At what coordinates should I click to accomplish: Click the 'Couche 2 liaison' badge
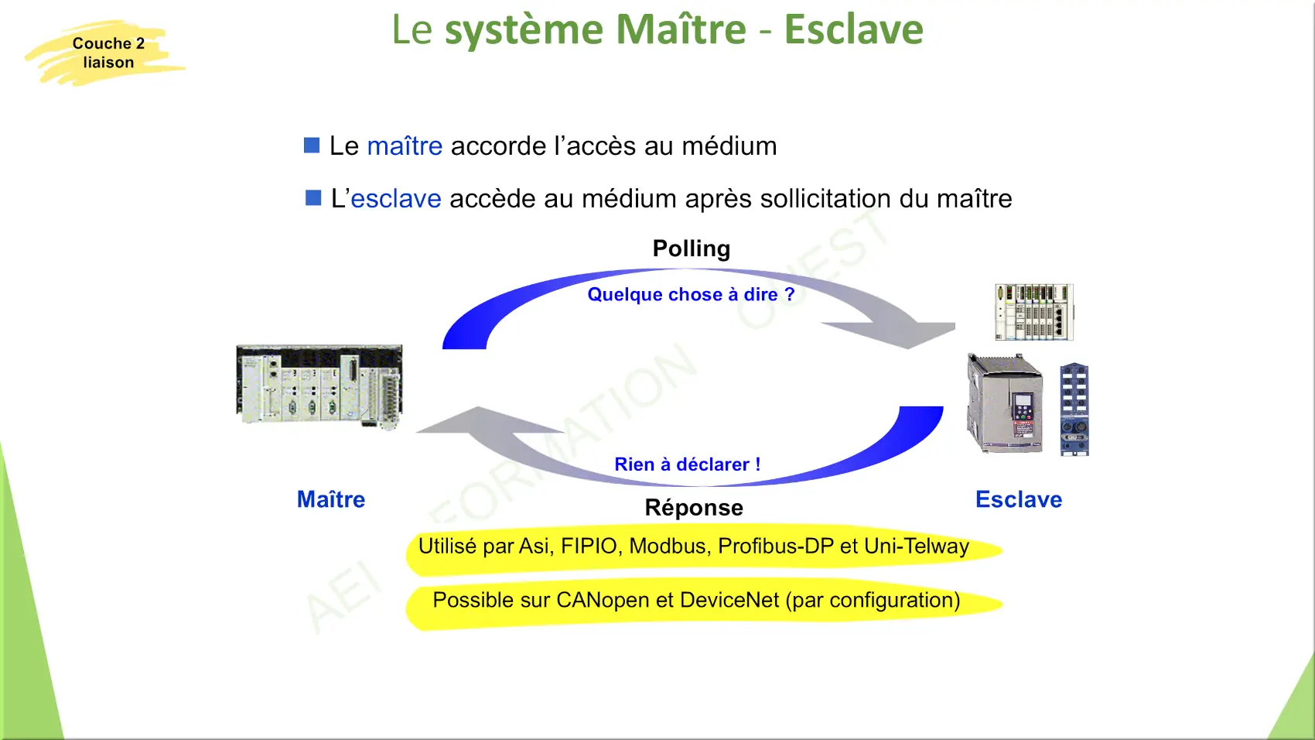(x=106, y=53)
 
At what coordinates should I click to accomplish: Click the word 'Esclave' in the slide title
(x=853, y=29)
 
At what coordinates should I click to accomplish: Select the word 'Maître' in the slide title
(x=681, y=29)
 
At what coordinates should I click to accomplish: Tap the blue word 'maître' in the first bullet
(x=405, y=146)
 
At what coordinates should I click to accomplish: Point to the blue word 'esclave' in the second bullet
(x=396, y=198)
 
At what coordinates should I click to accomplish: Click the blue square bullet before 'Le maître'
(x=312, y=145)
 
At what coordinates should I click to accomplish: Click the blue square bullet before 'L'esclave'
(x=313, y=198)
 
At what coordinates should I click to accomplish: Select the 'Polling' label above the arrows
(x=692, y=249)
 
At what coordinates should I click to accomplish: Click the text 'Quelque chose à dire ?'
(x=691, y=294)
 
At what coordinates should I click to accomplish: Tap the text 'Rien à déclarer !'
(x=688, y=464)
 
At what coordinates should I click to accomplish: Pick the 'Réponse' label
(x=694, y=508)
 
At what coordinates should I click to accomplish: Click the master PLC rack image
(x=319, y=385)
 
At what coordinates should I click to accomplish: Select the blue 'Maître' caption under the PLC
(x=331, y=499)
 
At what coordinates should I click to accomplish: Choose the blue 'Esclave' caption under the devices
(x=1019, y=499)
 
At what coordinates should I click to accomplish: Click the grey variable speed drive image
(x=1005, y=403)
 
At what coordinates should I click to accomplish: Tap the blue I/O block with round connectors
(x=1074, y=409)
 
